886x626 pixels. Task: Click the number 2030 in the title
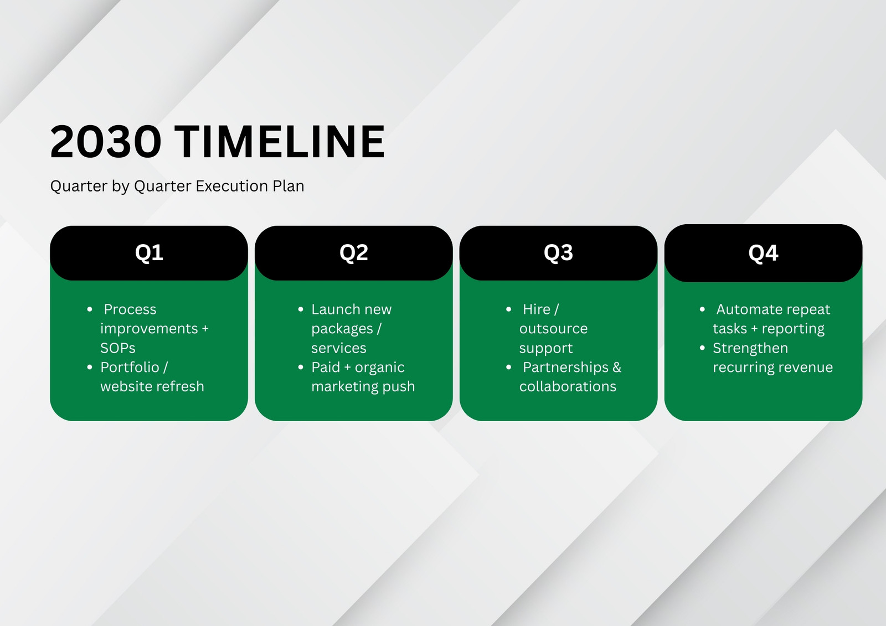point(106,142)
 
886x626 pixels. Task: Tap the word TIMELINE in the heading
point(279,142)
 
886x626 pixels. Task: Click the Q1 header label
point(149,253)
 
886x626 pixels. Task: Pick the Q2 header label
point(354,253)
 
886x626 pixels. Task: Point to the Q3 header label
point(558,253)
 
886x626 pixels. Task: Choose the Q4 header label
point(763,253)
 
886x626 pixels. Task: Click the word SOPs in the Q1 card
point(118,348)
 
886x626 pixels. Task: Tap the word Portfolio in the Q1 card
point(130,367)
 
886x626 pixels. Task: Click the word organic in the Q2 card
point(380,368)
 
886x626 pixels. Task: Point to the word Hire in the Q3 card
point(537,309)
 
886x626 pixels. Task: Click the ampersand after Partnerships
point(617,368)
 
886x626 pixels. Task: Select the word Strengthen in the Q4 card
point(750,348)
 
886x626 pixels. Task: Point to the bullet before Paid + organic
point(301,368)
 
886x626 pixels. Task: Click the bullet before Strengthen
point(702,348)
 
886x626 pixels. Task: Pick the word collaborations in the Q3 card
point(568,386)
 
